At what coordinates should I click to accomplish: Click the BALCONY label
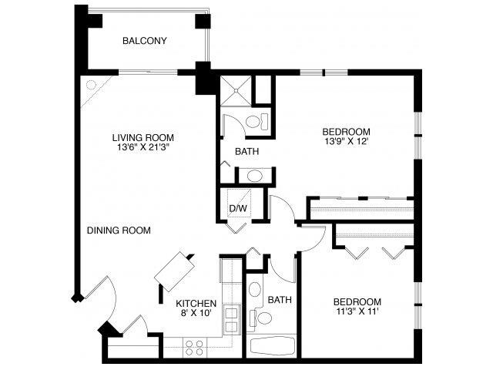pos(145,41)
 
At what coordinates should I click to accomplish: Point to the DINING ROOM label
pos(118,230)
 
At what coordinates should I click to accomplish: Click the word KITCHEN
pos(196,303)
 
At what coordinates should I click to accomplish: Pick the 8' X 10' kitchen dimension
pos(196,314)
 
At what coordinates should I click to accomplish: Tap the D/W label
pos(236,208)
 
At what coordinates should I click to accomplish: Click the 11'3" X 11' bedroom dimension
pos(357,312)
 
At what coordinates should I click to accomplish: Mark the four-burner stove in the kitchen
pos(194,346)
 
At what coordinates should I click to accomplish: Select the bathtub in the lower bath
pos(273,346)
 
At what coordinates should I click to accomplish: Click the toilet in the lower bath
pos(263,318)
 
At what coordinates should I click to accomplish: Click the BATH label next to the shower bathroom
pos(246,151)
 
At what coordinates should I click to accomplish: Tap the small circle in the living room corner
pos(91,86)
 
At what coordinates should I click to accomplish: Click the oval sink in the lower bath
pos(255,291)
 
